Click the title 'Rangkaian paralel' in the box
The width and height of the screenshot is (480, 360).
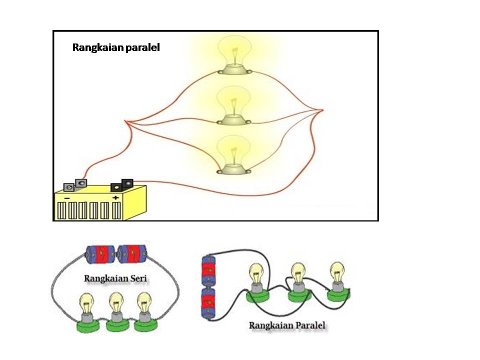coord(116,48)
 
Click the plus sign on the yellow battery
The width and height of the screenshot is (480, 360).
coord(116,198)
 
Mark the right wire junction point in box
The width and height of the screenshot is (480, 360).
coord(322,110)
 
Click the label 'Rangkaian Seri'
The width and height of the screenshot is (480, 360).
coord(115,278)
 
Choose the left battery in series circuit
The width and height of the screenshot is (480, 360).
coord(101,254)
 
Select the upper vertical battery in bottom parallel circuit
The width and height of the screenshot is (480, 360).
coord(207,270)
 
